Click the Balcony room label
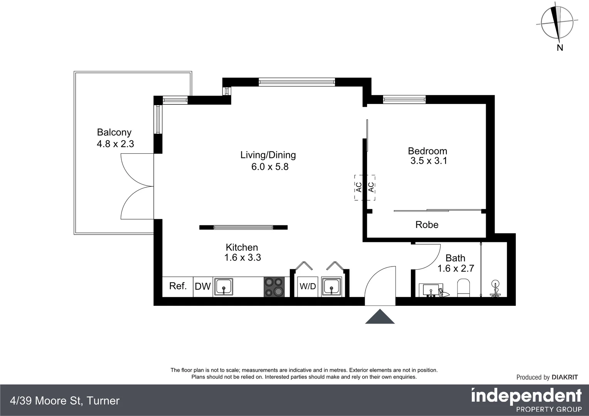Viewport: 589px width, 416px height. coord(114,132)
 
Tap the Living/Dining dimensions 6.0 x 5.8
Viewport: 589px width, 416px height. coord(270,167)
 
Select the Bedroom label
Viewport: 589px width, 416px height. coord(427,151)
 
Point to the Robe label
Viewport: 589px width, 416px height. coord(427,225)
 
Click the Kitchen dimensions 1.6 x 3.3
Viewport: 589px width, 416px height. coord(242,258)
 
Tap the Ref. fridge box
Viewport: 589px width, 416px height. coord(178,286)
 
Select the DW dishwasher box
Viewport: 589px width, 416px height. coord(203,287)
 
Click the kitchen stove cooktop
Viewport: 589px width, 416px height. coord(274,287)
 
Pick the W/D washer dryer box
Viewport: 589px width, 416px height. coord(308,287)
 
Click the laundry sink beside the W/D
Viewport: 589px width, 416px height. coord(332,287)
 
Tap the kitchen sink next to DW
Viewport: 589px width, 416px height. coord(224,287)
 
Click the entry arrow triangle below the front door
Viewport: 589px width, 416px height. coord(380,317)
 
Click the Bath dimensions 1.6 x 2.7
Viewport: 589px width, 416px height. coord(456,268)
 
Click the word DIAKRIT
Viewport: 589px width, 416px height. coord(565,377)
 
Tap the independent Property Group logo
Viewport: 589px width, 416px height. coord(526,399)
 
